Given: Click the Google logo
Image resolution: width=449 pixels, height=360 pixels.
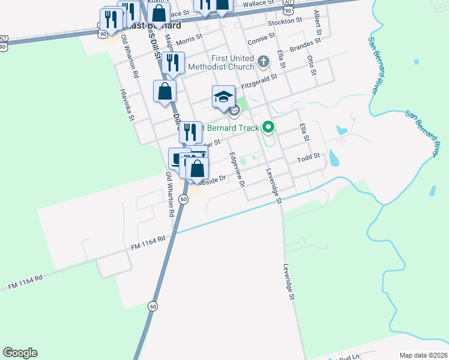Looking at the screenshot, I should tap(20, 353).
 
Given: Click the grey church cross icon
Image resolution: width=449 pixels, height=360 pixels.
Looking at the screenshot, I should tap(263, 61).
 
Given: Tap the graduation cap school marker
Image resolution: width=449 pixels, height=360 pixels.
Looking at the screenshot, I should tap(223, 97).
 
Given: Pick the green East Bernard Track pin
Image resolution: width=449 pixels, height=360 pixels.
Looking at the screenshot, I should tap(268, 127).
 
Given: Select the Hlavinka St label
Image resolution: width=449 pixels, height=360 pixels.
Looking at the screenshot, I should tap(127, 106).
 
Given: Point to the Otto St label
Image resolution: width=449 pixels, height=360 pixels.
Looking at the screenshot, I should tap(311, 65).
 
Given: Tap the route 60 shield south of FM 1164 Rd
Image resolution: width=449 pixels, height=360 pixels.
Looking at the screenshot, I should tap(155, 305).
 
